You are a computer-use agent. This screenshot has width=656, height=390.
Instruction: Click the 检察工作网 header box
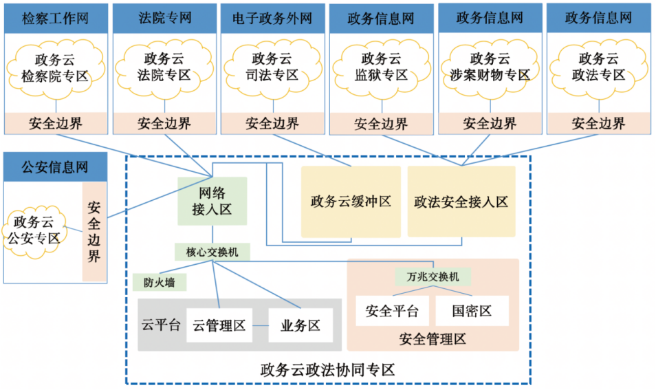pyautogui.click(x=56, y=17)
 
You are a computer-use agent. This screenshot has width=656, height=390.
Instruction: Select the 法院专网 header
pyautogui.click(x=164, y=17)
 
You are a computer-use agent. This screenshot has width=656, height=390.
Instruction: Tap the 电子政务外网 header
pyautogui.click(x=273, y=17)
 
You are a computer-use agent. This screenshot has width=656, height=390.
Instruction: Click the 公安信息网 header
pyautogui.click(x=56, y=167)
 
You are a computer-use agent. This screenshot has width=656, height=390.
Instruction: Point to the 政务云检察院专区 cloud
pyautogui.click(x=56, y=67)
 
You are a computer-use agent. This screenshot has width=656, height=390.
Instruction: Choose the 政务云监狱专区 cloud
pyautogui.click(x=381, y=67)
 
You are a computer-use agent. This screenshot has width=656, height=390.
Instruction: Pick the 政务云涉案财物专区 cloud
pyautogui.click(x=490, y=67)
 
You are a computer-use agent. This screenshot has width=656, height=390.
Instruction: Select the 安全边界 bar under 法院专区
pyautogui.click(x=164, y=124)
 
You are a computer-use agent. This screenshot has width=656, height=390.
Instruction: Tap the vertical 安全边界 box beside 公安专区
pyautogui.click(x=95, y=232)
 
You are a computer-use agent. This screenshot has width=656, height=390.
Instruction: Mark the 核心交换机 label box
pyautogui.click(x=212, y=252)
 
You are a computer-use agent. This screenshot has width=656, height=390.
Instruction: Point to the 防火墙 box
pyautogui.click(x=160, y=282)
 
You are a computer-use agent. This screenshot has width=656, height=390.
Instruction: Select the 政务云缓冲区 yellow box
pyautogui.click(x=351, y=202)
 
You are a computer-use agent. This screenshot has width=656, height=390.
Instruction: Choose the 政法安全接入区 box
pyautogui.click(x=461, y=202)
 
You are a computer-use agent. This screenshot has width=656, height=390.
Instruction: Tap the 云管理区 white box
pyautogui.click(x=219, y=325)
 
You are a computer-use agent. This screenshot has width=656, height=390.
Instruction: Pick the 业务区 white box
pyautogui.click(x=300, y=325)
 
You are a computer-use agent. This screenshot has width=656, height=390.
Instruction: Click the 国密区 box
pyautogui.click(x=472, y=311)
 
